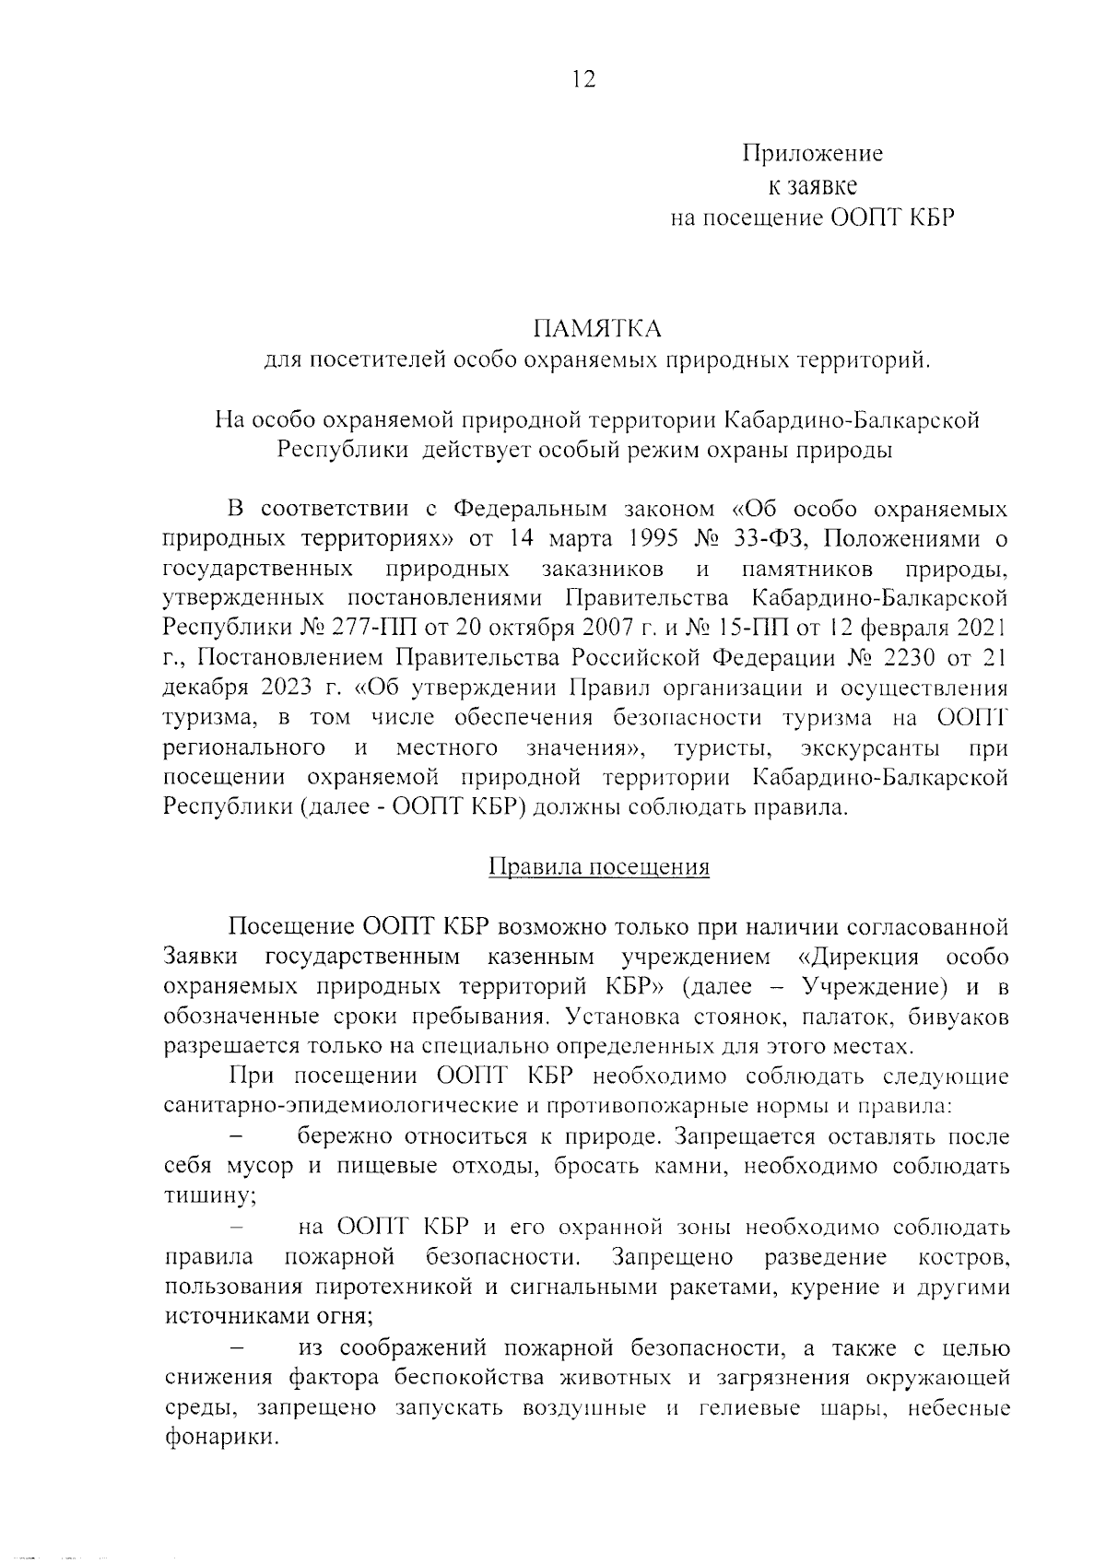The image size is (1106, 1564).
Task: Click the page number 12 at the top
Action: (582, 79)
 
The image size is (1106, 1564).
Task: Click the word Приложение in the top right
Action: (812, 154)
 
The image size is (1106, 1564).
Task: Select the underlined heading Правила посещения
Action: (598, 867)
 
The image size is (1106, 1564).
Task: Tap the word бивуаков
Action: (958, 1017)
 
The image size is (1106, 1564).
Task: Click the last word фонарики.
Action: (221, 1437)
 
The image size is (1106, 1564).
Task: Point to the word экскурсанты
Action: (870, 747)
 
